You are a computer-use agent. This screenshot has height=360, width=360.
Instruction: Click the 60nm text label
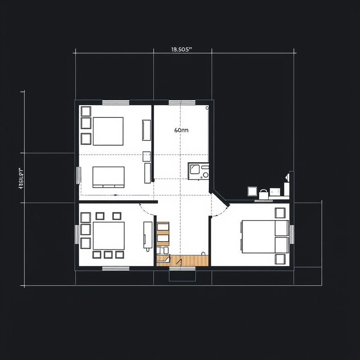click(x=181, y=130)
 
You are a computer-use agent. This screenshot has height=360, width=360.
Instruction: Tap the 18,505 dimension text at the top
click(x=182, y=50)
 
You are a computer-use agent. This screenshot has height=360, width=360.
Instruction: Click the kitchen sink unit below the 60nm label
click(x=198, y=171)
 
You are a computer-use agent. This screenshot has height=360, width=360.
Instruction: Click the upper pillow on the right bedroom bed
click(x=281, y=228)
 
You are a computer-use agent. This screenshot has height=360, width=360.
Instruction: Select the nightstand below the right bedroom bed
click(x=280, y=259)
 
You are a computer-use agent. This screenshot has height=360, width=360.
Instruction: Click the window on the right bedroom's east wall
click(x=292, y=234)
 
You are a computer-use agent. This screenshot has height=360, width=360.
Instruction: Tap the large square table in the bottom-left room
click(x=108, y=235)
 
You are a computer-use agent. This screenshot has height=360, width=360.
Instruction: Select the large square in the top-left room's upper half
click(x=108, y=131)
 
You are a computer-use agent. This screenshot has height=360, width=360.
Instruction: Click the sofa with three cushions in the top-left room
click(x=108, y=176)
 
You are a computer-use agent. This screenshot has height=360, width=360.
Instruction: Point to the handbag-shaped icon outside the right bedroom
click(x=263, y=194)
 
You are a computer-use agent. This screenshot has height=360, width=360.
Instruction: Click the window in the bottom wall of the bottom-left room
click(x=116, y=269)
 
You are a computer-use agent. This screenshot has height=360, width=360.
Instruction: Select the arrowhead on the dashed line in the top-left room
click(x=116, y=195)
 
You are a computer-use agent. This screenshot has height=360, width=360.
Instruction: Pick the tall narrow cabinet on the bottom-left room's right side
click(x=147, y=234)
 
